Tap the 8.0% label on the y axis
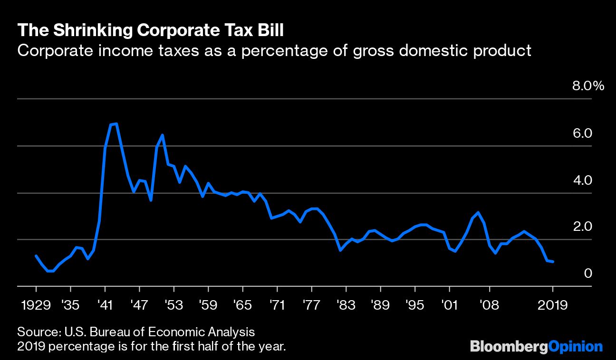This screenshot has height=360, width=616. pos(587,86)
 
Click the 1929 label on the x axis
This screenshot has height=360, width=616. pos(36,305)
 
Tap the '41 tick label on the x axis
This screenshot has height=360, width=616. pos(105,305)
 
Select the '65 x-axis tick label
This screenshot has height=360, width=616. pos(242,305)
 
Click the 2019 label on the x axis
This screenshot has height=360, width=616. pos(552,305)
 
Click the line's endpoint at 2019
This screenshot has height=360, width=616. pos(553,262)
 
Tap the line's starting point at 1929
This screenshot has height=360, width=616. pos(36,256)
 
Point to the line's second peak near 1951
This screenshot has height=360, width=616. pos(163,135)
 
